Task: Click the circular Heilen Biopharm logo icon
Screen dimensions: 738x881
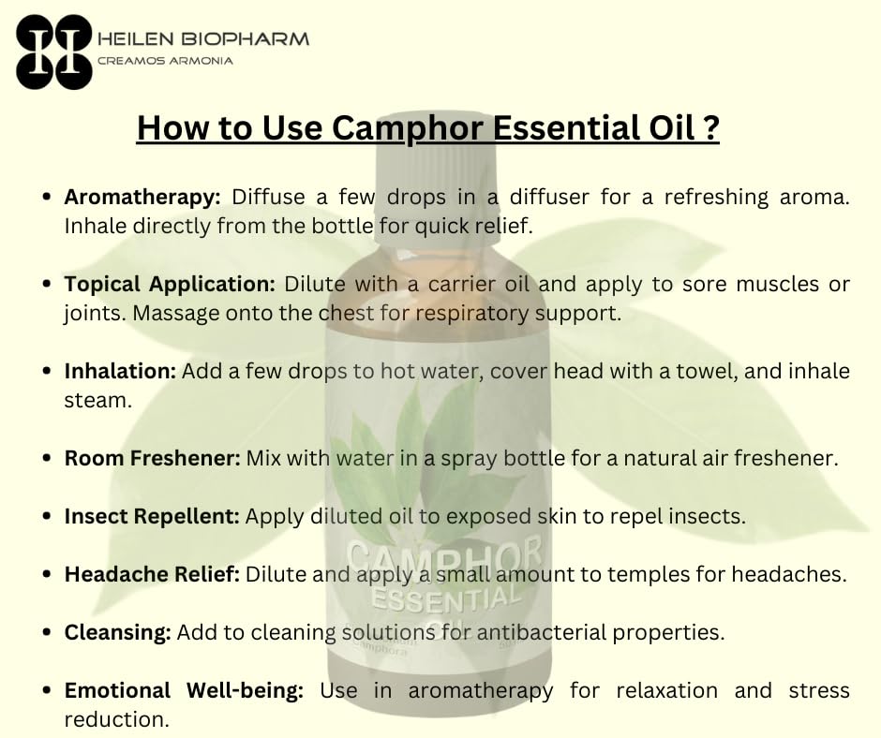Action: tap(54, 52)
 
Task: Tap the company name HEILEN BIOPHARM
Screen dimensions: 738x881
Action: tap(203, 39)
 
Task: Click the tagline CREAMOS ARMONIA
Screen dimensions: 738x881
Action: tap(165, 61)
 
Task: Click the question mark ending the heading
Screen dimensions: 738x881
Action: tap(711, 127)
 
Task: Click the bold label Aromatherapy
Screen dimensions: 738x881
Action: tap(142, 198)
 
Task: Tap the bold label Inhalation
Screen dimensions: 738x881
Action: tap(120, 371)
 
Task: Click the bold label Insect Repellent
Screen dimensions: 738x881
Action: tap(153, 516)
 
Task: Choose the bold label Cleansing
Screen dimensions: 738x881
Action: tap(118, 632)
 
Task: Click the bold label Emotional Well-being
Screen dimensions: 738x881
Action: tap(184, 690)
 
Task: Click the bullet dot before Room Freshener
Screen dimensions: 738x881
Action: tap(47, 460)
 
